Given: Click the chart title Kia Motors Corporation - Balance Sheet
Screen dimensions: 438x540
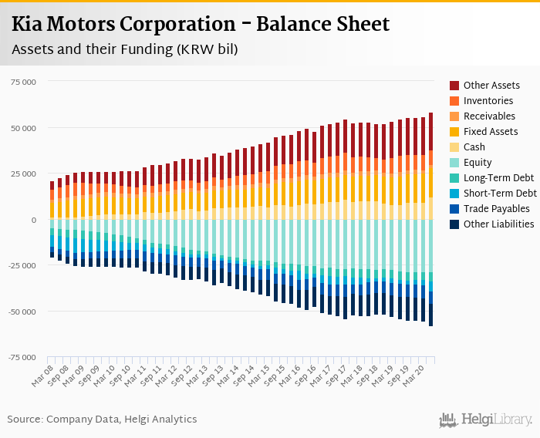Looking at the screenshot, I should click(x=201, y=24).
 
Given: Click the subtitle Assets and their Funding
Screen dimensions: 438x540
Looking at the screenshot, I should click(x=124, y=50).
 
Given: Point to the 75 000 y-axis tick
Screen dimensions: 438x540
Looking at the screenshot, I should click(x=23, y=82).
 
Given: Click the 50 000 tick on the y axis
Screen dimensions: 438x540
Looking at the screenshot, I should click(x=23, y=128).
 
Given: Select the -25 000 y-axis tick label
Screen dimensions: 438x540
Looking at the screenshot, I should click(x=22, y=266).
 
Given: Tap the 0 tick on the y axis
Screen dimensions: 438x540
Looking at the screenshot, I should click(x=33, y=220).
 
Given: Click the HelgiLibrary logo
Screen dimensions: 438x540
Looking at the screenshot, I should click(x=486, y=419).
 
